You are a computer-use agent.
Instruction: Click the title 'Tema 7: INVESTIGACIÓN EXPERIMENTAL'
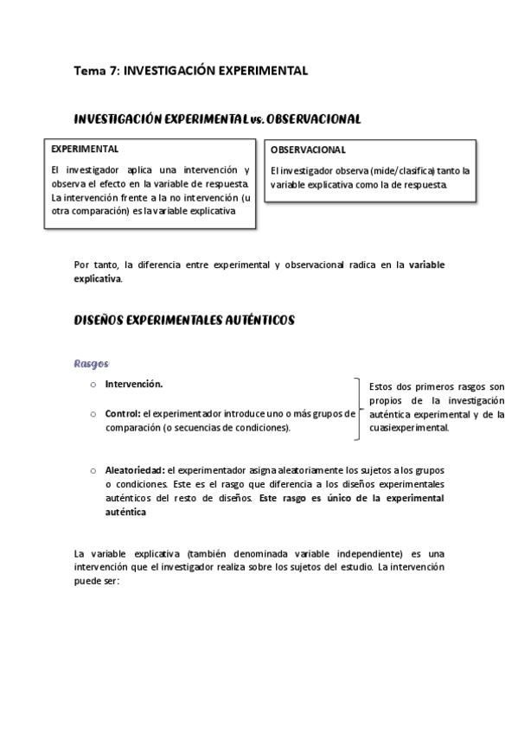pos(190,71)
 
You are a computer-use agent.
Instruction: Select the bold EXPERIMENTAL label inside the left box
pos(85,149)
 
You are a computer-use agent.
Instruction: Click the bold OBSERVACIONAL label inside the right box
pos(309,150)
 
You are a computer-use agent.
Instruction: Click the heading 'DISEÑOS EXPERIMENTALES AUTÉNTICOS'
pos(185,320)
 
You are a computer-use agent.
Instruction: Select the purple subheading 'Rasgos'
pos(92,363)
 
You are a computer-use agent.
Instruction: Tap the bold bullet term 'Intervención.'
pos(134,384)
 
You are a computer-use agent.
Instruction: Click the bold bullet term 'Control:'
pos(123,414)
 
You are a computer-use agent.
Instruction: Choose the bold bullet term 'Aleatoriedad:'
pos(135,470)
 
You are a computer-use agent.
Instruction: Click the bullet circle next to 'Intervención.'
pos(92,384)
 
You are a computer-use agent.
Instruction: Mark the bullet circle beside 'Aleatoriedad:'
pos(92,470)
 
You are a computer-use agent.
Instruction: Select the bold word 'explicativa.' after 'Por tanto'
pos(99,278)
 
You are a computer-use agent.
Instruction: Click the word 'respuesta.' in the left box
pos(226,183)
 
